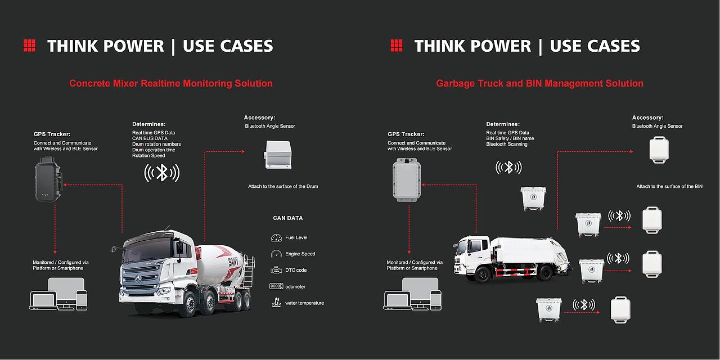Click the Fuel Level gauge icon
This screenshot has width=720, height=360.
point(276,237)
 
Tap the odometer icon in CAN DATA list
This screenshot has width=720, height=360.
point(276,286)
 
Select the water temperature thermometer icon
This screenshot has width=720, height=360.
point(276,303)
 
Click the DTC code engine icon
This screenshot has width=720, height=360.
point(276,270)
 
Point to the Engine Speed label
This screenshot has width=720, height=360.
point(300,254)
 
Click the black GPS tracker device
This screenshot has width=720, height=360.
point(48,179)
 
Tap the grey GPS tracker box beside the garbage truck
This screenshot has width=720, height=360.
point(407,179)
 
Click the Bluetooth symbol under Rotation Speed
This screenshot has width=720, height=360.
point(161,173)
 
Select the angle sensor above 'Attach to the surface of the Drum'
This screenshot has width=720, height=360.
point(278,155)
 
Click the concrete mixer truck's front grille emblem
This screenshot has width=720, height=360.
point(138,278)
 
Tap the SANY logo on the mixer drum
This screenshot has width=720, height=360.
point(233,262)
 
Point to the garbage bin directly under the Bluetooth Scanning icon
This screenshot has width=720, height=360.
point(533,199)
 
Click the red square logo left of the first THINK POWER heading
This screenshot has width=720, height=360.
point(30,46)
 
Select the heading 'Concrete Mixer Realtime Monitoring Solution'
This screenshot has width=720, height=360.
point(170,83)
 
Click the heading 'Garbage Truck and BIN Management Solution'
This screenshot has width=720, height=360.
point(539,83)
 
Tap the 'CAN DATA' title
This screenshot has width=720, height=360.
point(287,218)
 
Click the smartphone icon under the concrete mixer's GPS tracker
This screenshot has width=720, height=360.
point(82,300)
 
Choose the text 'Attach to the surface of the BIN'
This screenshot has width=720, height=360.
point(669,186)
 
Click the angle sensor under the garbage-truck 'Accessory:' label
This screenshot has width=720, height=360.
point(659,150)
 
